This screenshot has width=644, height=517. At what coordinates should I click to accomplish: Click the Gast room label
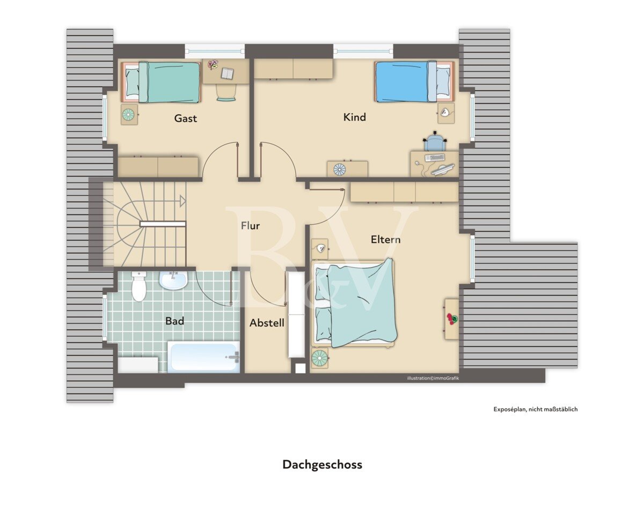click(x=186, y=119)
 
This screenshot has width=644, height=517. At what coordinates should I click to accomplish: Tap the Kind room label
click(x=355, y=117)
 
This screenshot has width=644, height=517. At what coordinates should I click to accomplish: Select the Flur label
click(x=250, y=225)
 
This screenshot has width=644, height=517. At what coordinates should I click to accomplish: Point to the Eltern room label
click(x=385, y=239)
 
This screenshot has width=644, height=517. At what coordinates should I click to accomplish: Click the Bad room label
click(x=175, y=321)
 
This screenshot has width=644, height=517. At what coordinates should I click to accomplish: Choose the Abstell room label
click(x=267, y=323)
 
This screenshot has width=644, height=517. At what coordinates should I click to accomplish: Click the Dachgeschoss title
click(x=323, y=464)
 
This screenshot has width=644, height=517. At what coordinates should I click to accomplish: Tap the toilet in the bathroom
click(x=138, y=286)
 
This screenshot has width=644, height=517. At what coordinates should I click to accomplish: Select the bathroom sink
click(x=173, y=280)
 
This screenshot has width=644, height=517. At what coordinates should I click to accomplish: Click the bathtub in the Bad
click(x=203, y=357)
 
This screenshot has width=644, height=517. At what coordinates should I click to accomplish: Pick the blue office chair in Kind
click(x=435, y=141)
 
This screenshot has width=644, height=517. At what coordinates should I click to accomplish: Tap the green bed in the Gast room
click(x=161, y=82)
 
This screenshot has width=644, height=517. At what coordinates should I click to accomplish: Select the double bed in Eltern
click(x=354, y=304)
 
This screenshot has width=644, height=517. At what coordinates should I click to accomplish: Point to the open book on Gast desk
click(x=228, y=73)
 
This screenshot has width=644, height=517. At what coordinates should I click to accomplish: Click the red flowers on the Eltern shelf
click(x=452, y=319)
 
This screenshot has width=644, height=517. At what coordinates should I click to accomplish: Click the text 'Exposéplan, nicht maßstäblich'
click(x=536, y=409)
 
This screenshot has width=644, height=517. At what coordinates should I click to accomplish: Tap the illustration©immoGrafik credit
click(x=433, y=378)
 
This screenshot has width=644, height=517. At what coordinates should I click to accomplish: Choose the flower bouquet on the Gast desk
click(x=213, y=64)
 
